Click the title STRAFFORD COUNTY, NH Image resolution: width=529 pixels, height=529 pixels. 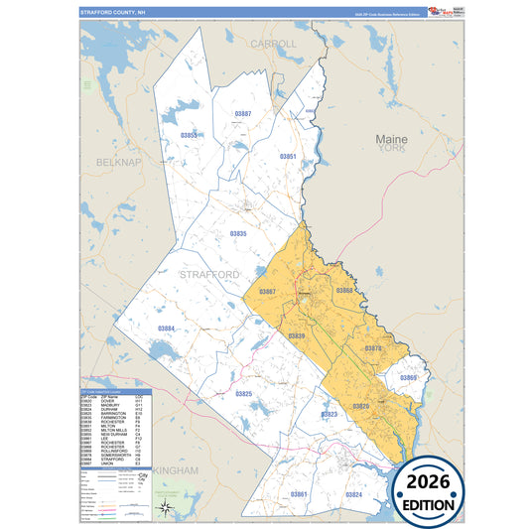[x=111, y=12]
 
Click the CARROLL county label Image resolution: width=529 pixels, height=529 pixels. [x=273, y=45]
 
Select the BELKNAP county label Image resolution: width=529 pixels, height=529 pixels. [x=110, y=162]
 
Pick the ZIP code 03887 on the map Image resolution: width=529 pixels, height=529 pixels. [x=242, y=115]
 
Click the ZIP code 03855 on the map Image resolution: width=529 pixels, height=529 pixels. [x=189, y=135]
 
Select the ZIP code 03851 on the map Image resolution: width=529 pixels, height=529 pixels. [x=288, y=157]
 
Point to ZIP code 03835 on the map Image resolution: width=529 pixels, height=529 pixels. [x=238, y=233]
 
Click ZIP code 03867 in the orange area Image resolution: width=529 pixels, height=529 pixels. [x=267, y=292]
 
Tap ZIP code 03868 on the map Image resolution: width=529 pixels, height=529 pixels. [x=344, y=290]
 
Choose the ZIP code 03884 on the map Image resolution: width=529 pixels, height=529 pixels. [x=167, y=329]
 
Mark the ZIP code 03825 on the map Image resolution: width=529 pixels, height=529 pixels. [x=243, y=394]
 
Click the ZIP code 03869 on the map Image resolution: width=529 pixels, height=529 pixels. [x=408, y=378]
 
